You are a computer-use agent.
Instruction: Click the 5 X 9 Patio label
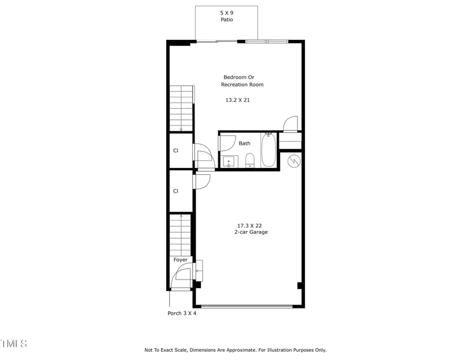click(x=226, y=16)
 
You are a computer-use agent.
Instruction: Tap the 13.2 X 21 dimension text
click(x=237, y=100)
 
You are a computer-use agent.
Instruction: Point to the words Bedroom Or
click(x=239, y=77)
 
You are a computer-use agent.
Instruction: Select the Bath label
click(x=245, y=144)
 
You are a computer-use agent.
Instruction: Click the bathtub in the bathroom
click(x=269, y=150)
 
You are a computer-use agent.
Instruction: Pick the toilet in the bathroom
click(x=250, y=159)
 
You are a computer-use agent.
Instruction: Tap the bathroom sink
click(x=229, y=161)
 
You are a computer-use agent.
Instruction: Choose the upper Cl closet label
click(x=175, y=150)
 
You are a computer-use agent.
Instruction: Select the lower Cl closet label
click(x=175, y=191)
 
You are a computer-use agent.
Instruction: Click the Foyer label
click(x=181, y=260)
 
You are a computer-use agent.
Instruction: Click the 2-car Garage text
click(x=251, y=232)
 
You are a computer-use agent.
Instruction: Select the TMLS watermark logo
click(x=13, y=344)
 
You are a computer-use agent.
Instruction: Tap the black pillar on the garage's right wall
click(x=299, y=285)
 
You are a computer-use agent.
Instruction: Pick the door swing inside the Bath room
click(x=227, y=143)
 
